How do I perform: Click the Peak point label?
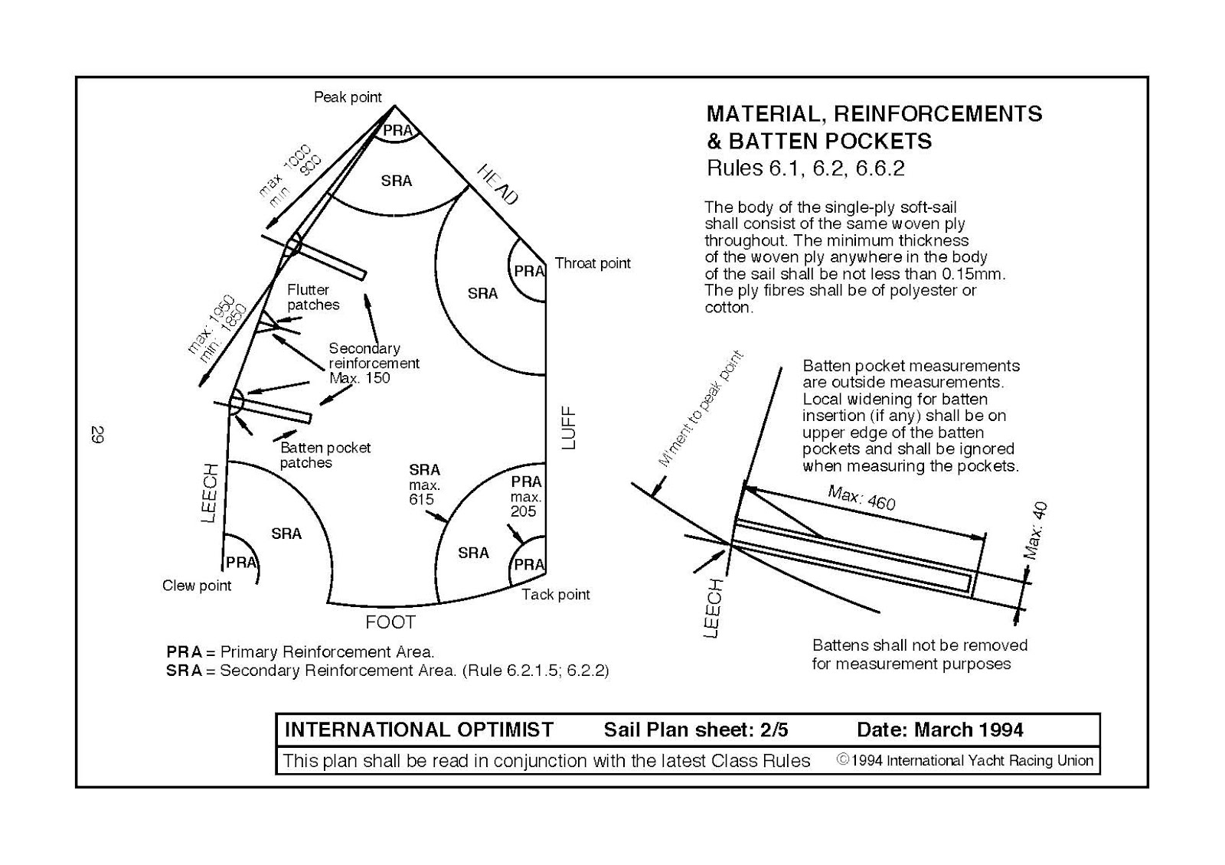coord(348,97)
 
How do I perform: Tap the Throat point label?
coord(593,263)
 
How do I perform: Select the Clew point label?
coord(197,586)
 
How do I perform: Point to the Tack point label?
coord(556,595)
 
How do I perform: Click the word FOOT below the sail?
coord(390,622)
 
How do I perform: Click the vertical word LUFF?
coord(569,429)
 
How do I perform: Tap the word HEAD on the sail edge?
coord(498,184)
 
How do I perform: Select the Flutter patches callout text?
coord(313,297)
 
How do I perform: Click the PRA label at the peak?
coord(397,130)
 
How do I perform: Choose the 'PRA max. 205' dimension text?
coord(526,496)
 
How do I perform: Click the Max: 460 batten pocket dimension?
coord(861,498)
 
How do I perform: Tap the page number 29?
coord(98,434)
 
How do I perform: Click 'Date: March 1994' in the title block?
coord(939,730)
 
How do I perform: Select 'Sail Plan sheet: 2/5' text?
coord(695,730)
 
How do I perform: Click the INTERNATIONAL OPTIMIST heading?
coord(419,730)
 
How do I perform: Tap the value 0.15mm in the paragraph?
coord(973,274)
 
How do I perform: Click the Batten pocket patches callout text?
coord(325,455)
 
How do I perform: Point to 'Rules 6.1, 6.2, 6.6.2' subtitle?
coord(805,168)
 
